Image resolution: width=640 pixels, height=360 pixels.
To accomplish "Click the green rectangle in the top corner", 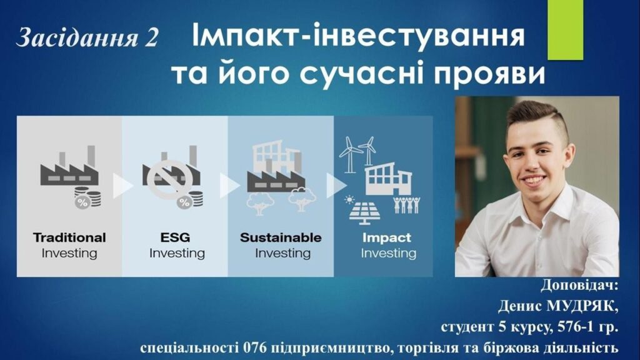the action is pos(565,30).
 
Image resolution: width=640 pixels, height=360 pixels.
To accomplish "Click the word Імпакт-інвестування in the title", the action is pos(357,35).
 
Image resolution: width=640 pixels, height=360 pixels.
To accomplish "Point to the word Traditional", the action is pos(69,237).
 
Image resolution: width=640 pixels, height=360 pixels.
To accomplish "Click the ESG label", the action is pos(175,237).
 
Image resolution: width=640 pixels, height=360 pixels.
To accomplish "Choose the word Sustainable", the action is pos(281,237).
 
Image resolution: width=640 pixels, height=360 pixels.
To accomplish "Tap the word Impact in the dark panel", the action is pos(386,238).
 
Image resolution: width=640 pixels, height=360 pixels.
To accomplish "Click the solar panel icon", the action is pos(365,213).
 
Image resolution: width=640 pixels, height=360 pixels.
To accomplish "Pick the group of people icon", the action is pos(406,205).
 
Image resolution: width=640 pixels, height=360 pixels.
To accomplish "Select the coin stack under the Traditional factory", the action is pos(87,197).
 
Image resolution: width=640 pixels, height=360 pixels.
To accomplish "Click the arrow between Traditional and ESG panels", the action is pos(122,186).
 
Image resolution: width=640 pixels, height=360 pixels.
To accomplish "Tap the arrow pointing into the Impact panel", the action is pos(336,185).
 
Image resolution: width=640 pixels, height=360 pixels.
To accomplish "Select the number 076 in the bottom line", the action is pos(255,348).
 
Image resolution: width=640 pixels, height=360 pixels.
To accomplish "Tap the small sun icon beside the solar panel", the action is pos(349,199).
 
